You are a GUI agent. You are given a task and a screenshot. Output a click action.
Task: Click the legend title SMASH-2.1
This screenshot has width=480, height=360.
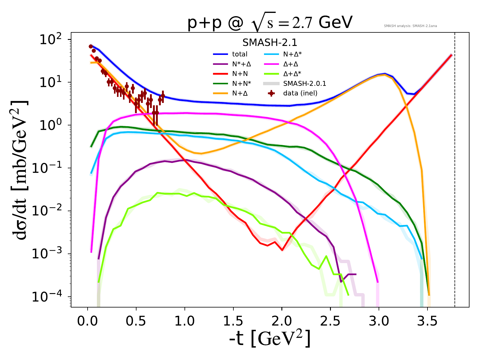(270, 43)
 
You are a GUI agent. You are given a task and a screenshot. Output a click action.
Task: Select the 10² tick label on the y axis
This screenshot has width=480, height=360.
(52, 39)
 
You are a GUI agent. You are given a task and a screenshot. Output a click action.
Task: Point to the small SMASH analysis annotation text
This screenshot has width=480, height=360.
(410, 26)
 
